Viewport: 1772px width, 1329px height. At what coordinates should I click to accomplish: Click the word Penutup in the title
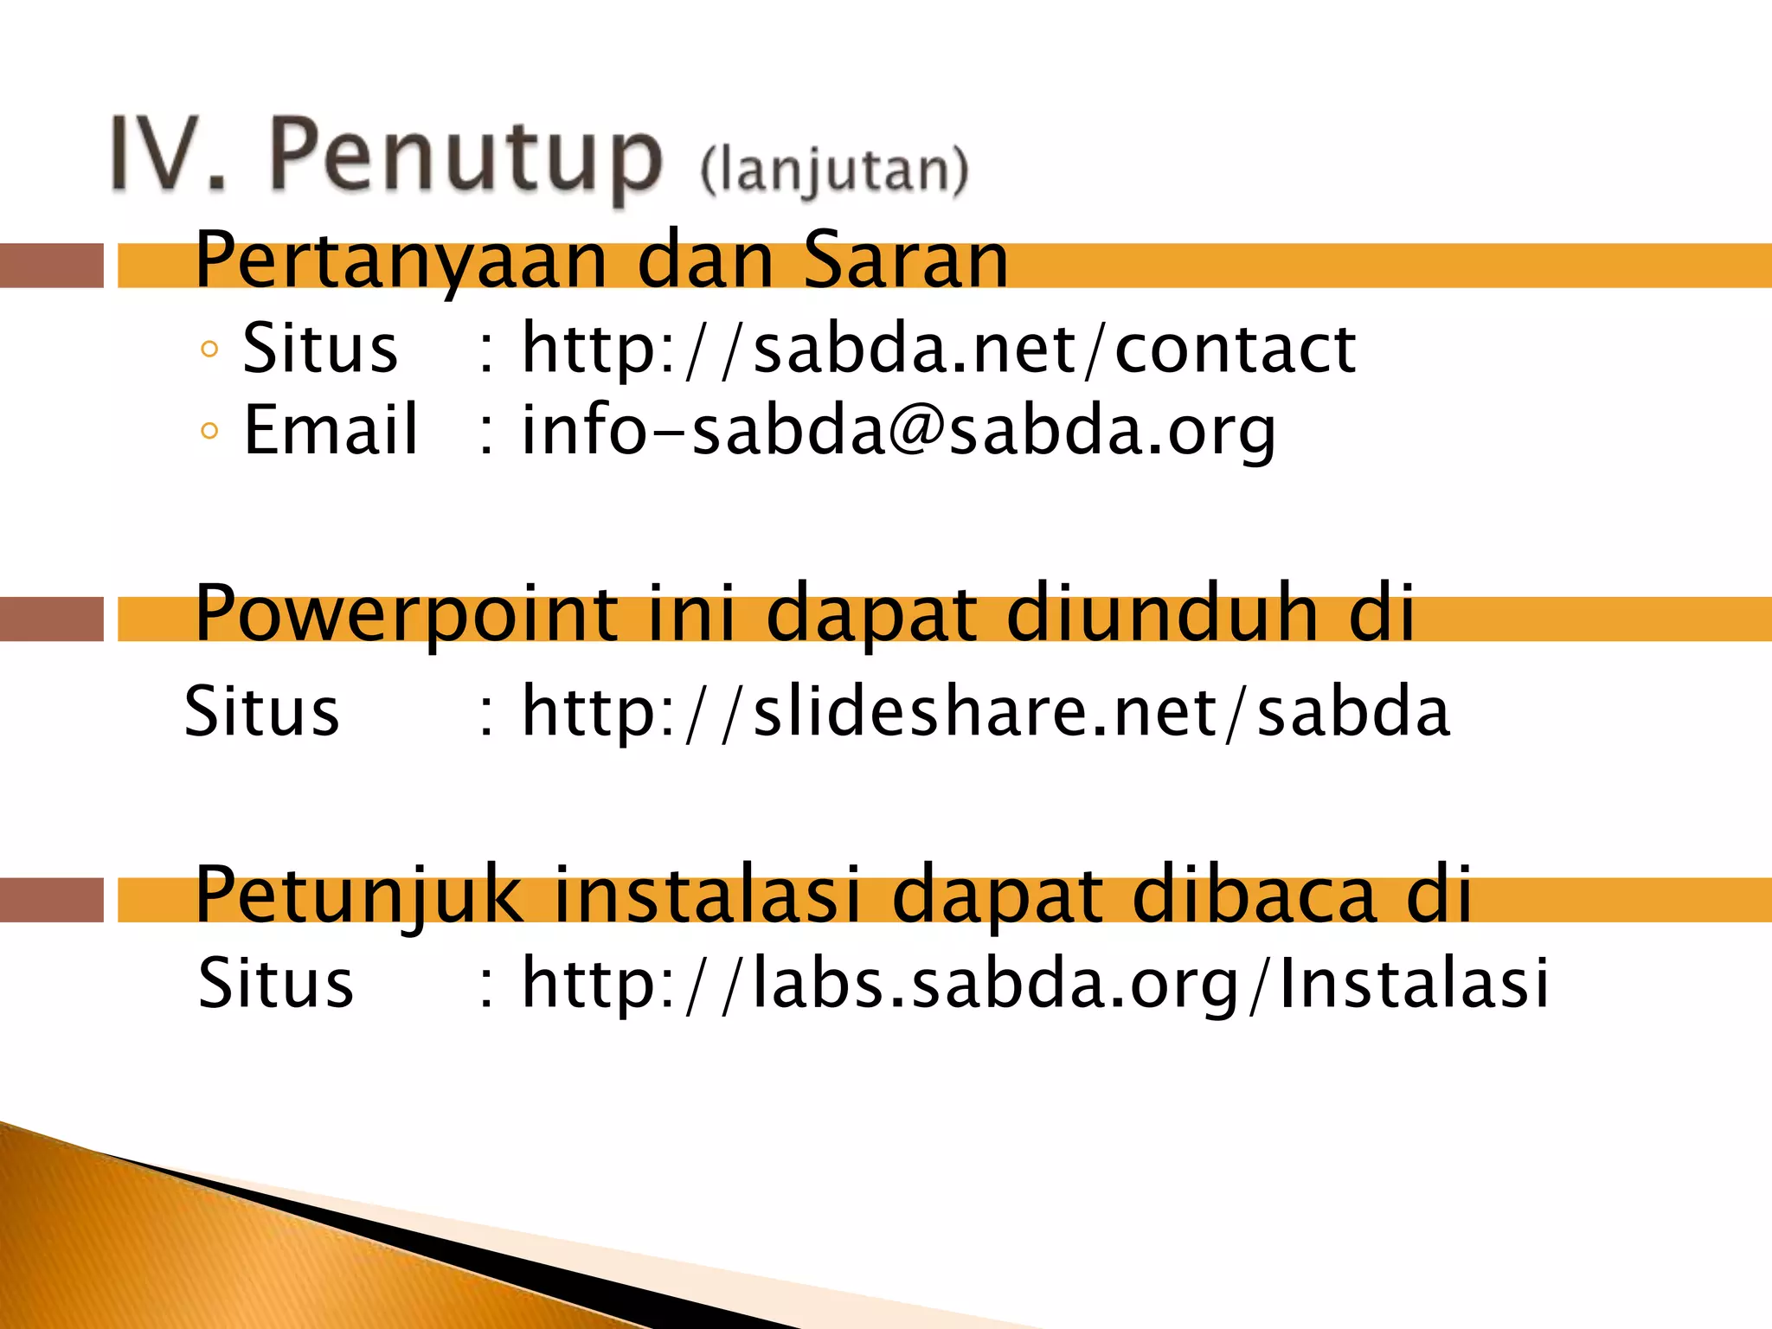465,157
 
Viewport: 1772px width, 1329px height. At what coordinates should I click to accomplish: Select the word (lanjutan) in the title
834,170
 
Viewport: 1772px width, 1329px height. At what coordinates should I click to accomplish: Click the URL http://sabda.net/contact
938,349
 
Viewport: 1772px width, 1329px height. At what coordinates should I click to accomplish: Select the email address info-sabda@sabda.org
897,430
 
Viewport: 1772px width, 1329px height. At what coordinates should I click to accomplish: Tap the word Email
331,430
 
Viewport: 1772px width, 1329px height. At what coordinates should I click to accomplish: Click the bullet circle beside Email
209,430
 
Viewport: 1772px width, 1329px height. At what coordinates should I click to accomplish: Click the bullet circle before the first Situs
209,350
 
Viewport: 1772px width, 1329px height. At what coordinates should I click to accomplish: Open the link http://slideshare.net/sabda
985,711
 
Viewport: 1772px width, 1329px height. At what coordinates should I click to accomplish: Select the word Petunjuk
359,896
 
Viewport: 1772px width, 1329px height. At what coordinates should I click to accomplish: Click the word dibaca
1254,895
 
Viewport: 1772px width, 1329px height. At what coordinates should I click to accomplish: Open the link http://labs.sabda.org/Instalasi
1034,984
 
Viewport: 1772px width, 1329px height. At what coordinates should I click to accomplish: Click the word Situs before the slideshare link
262,711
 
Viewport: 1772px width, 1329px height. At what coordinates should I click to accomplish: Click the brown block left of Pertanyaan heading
51,266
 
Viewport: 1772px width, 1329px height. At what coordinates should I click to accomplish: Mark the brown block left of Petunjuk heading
51,900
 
